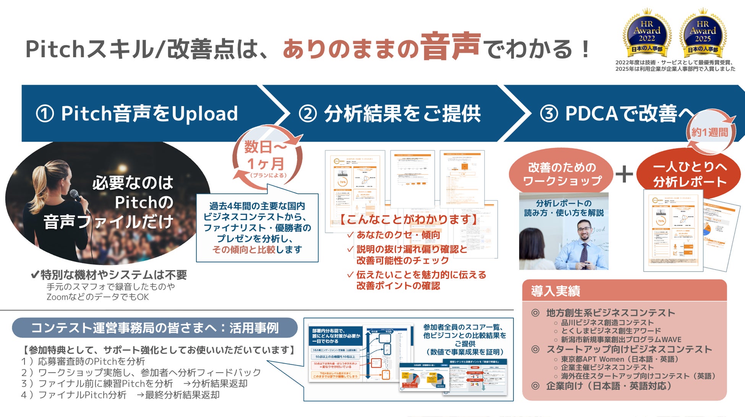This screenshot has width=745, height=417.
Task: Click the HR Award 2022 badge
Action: (646, 33)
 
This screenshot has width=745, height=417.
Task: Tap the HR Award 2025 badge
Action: (703, 33)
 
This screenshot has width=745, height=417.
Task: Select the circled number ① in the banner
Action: (45, 114)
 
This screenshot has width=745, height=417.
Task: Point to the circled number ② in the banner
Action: (308, 114)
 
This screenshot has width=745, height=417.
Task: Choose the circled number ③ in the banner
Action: (549, 114)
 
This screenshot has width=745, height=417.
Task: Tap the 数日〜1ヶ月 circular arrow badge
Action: (267, 158)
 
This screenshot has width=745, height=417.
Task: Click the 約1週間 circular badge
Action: (710, 132)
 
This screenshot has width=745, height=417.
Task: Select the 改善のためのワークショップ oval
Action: (562, 174)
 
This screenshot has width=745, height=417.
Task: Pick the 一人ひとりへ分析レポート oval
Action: (689, 174)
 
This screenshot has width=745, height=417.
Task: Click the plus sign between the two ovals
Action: (624, 174)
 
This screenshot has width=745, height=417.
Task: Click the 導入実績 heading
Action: (556, 291)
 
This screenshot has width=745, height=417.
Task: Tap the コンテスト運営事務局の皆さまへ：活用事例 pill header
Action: (155, 328)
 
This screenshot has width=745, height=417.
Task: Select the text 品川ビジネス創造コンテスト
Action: (607, 322)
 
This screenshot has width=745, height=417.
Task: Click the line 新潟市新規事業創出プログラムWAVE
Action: (620, 339)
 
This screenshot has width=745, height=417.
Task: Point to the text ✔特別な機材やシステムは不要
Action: (109, 275)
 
